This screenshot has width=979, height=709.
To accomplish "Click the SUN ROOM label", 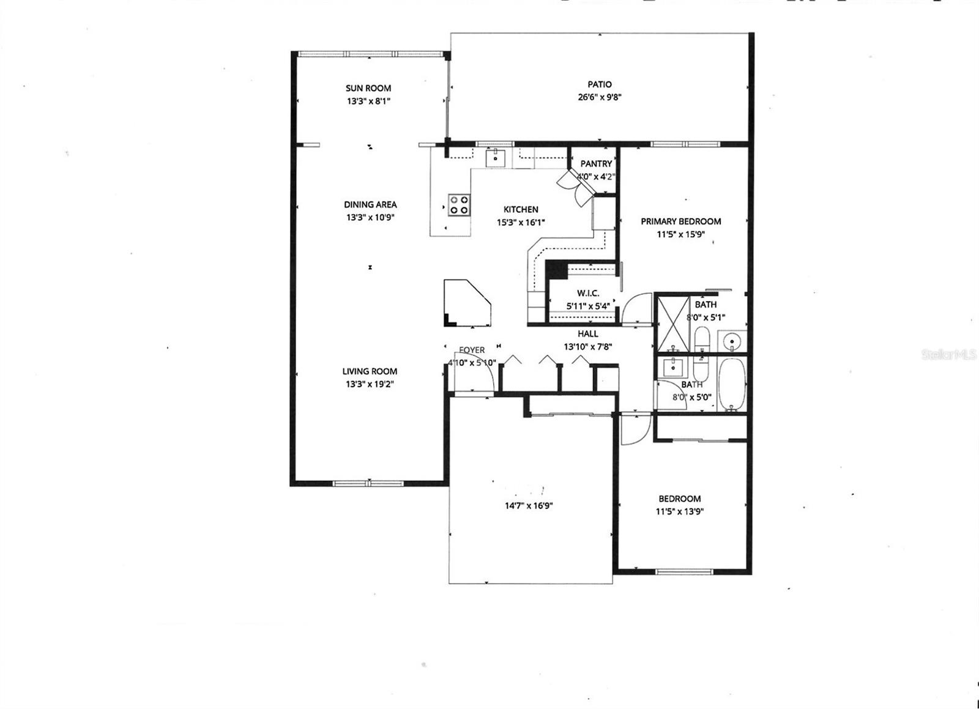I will tap(368, 88).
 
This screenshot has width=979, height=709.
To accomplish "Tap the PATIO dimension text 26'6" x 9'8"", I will tap(600, 97).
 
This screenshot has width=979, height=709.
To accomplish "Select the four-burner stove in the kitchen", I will tap(459, 204).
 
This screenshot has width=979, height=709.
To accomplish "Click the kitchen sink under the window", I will tap(495, 158).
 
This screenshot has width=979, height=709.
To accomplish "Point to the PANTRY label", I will tap(596, 164).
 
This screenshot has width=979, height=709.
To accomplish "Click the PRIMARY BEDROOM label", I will tap(680, 221).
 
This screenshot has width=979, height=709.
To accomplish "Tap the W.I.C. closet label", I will tap(588, 294).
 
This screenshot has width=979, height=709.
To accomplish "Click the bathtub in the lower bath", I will tap(731, 384).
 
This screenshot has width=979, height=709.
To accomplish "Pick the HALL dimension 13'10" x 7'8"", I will tap(587, 346).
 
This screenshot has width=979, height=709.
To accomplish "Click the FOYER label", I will tap(472, 351).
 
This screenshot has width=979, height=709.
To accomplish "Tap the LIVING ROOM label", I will tap(370, 371).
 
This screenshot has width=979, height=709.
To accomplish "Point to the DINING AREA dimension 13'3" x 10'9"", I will tap(370, 218).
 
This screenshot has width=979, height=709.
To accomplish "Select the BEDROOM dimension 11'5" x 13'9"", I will tap(679, 512).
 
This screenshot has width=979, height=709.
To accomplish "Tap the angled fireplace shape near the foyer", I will tap(466, 302).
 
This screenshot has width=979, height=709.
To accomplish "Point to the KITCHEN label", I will tap(521, 209).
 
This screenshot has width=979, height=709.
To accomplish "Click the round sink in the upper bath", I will tap(731, 341).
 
